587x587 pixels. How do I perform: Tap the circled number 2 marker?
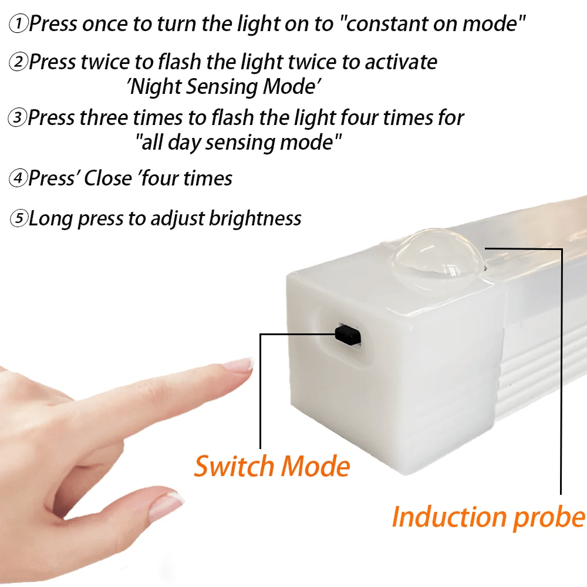click(19, 62)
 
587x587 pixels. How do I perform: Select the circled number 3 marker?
click(18, 118)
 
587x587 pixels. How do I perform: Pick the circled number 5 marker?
click(19, 219)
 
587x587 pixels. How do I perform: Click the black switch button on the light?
click(348, 335)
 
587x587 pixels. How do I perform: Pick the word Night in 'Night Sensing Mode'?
click(156, 87)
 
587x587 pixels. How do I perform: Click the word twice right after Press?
click(109, 62)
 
